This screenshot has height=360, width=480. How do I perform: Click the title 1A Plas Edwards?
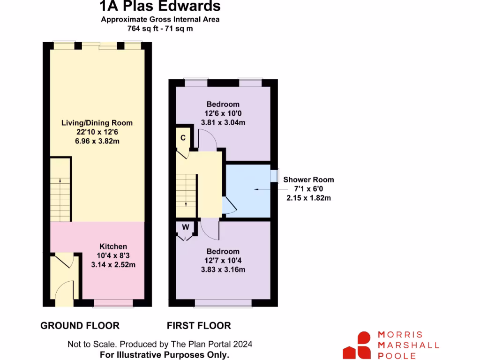(160, 6)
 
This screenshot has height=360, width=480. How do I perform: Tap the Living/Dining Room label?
(97, 123)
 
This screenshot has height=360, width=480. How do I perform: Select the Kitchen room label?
(113, 247)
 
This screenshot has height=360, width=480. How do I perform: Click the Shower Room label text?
(308, 180)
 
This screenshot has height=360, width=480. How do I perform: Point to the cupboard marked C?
(183, 138)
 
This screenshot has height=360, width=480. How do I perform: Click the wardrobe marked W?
(186, 228)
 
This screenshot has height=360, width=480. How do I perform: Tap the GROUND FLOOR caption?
(80, 325)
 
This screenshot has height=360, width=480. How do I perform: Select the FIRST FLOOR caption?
(199, 325)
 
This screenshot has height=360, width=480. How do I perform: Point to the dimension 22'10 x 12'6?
(97, 132)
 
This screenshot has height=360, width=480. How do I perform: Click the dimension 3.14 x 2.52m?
(113, 264)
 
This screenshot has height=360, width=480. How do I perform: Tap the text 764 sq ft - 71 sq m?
(160, 28)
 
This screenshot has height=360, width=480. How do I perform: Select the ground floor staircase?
(60, 189)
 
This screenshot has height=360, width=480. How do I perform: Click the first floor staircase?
(187, 190)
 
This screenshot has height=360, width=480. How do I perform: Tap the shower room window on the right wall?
(274, 175)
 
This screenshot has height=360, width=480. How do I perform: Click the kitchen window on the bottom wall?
(106, 303)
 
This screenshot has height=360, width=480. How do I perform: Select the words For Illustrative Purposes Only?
(165, 354)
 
